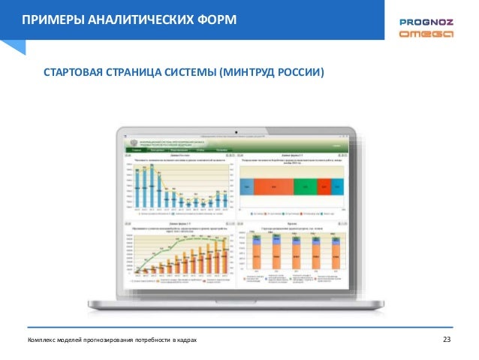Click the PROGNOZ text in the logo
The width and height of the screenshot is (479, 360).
(x=425, y=23)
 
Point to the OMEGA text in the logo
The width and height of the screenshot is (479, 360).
(x=425, y=35)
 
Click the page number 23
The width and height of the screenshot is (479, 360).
(x=448, y=341)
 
